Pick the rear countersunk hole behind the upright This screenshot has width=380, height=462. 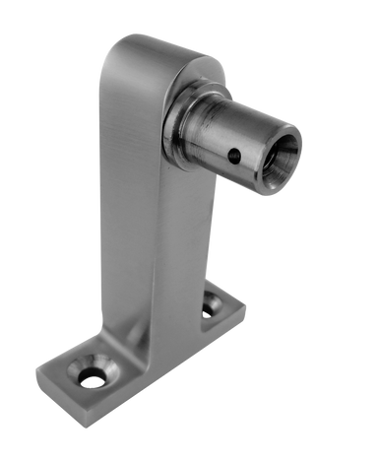[x=210, y=309]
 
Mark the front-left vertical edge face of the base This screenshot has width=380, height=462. [x=59, y=399]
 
